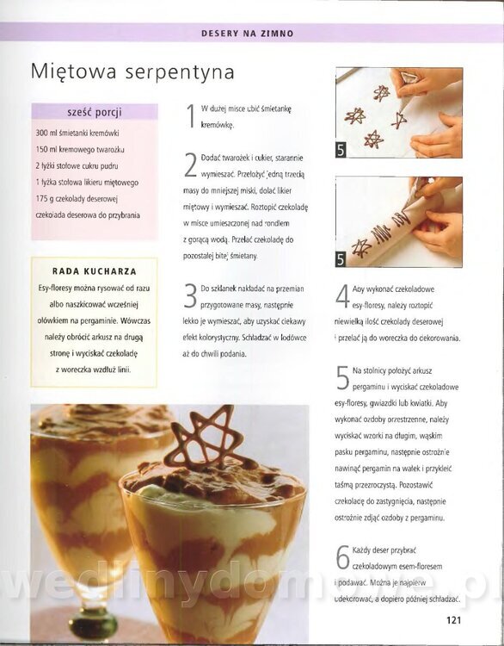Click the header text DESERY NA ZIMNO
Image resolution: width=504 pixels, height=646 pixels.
pyautogui.click(x=248, y=34)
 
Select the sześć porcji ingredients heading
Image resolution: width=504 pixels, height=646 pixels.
pyautogui.click(x=95, y=112)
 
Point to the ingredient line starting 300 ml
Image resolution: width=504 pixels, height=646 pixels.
pyautogui.click(x=77, y=133)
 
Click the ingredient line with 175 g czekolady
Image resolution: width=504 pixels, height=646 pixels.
pyautogui.click(x=77, y=199)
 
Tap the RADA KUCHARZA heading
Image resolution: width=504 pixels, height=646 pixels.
pyautogui.click(x=95, y=271)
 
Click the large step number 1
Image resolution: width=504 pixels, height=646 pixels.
pyautogui.click(x=190, y=116)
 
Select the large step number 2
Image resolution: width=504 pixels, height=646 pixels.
pyautogui.click(x=190, y=165)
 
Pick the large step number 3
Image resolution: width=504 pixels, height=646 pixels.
pyautogui.click(x=190, y=295)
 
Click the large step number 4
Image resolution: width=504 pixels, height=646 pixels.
pyautogui.click(x=342, y=296)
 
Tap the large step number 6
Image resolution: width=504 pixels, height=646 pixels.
pyautogui.click(x=342, y=557)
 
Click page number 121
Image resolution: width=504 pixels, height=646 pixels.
pyautogui.click(x=453, y=620)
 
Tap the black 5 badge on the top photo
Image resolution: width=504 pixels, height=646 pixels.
pyautogui.click(x=341, y=150)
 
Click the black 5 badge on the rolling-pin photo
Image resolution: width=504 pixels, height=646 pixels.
pyautogui.click(x=341, y=259)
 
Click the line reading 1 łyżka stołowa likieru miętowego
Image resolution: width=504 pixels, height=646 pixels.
pyautogui.click(x=87, y=182)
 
